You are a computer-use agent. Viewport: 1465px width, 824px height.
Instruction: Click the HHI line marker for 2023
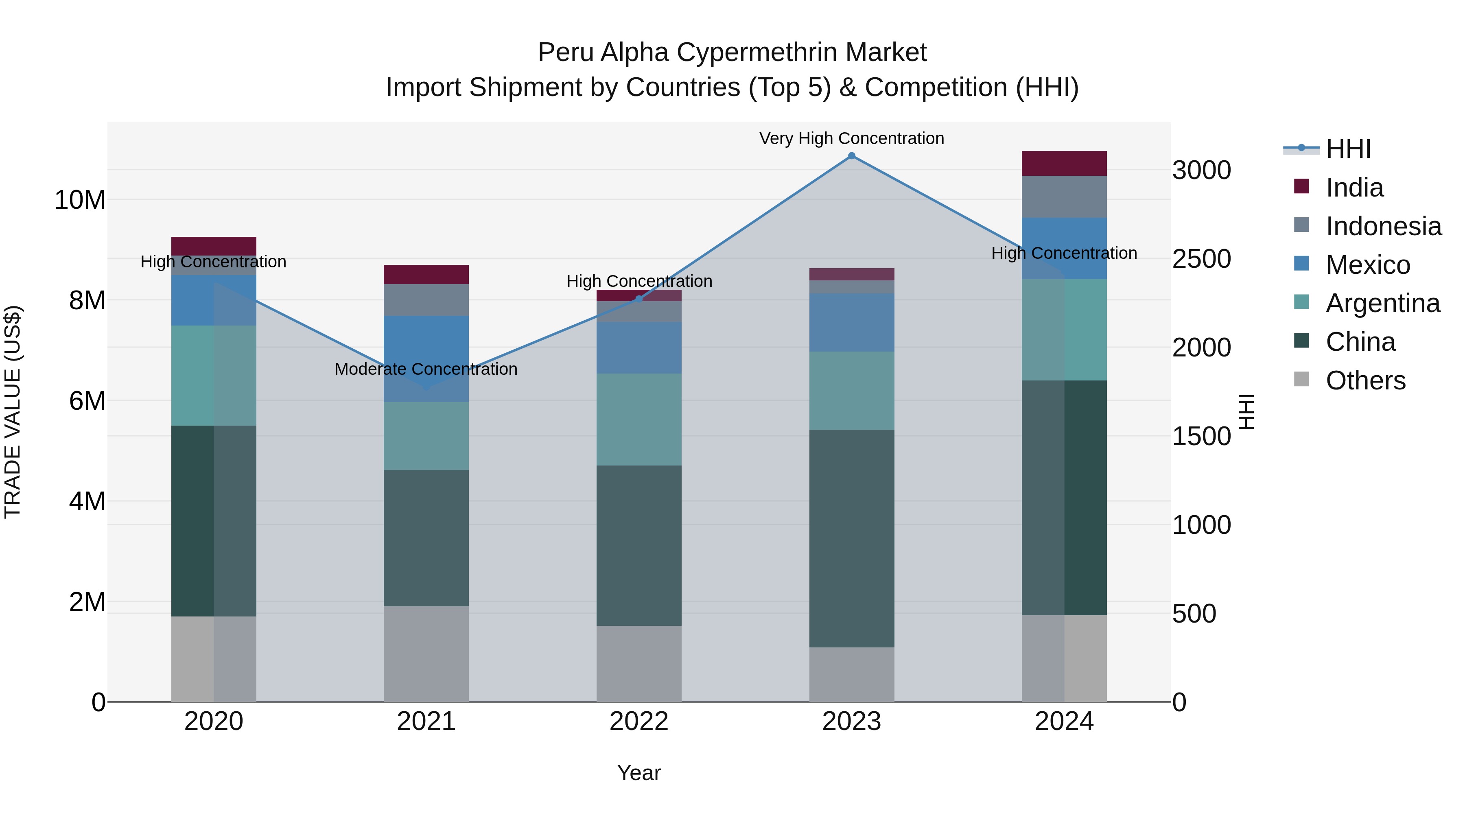tap(851, 156)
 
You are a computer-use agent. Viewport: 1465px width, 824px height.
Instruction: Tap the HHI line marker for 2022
tap(638, 299)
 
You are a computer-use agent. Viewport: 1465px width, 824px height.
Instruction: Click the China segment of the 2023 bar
tap(851, 538)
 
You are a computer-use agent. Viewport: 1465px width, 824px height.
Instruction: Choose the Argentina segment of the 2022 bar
tap(638, 419)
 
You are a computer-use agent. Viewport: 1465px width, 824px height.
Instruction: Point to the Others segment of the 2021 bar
tap(426, 654)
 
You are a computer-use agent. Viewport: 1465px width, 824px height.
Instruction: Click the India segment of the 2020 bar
tap(213, 246)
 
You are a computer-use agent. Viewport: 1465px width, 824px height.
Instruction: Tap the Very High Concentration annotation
tap(851, 138)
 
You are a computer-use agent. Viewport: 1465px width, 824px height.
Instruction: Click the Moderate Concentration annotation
tap(426, 369)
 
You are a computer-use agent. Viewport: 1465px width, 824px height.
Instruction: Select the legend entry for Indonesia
tap(1383, 226)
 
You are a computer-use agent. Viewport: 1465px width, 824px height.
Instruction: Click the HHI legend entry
tap(1348, 149)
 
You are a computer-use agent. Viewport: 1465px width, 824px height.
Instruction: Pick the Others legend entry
tap(1365, 380)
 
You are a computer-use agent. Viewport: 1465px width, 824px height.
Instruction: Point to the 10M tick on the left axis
tap(80, 200)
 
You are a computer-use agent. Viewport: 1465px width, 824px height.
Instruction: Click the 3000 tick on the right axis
tap(1202, 170)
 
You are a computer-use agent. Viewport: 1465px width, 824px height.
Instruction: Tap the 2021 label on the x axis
tap(426, 721)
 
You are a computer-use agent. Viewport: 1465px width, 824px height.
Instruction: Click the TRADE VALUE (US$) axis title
tap(13, 412)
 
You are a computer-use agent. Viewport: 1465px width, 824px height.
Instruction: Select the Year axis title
tap(638, 773)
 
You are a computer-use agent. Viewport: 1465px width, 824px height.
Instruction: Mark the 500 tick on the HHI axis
tap(1194, 614)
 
